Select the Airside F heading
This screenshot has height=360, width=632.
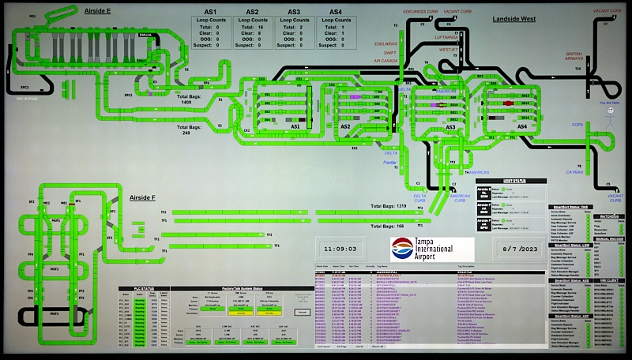click(x=142, y=197)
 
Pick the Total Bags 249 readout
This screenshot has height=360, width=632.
click(x=190, y=129)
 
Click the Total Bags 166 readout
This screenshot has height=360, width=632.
click(x=387, y=226)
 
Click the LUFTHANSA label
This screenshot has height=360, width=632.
click(x=446, y=36)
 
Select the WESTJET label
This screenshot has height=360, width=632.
click(x=449, y=49)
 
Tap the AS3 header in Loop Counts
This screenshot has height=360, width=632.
click(x=294, y=12)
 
